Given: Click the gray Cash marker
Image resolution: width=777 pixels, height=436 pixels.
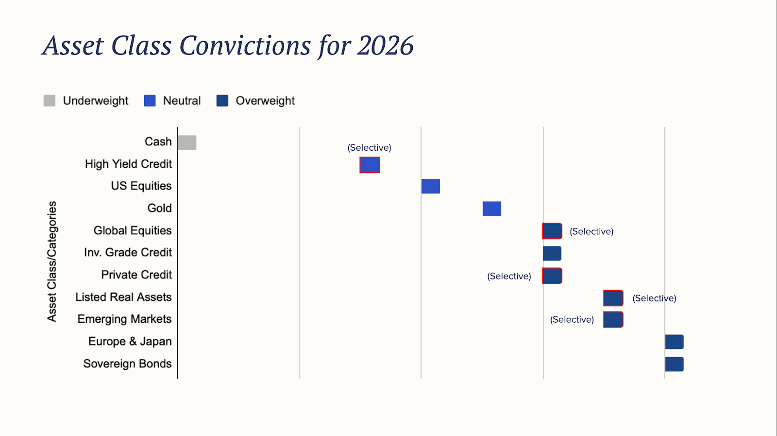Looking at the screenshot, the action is pyautogui.click(x=187, y=143).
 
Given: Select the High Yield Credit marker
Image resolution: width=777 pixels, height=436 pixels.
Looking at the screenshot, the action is pyautogui.click(x=370, y=165).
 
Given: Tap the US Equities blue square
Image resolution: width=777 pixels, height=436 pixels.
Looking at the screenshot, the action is pyautogui.click(x=430, y=187).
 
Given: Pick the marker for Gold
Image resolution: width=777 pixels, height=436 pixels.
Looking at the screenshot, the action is pyautogui.click(x=492, y=209).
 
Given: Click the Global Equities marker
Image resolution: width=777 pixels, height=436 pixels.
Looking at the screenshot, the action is pyautogui.click(x=552, y=231).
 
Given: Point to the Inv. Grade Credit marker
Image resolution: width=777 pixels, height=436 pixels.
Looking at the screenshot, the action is pyautogui.click(x=552, y=253).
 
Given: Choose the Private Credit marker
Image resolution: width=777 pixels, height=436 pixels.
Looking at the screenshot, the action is pyautogui.click(x=552, y=276).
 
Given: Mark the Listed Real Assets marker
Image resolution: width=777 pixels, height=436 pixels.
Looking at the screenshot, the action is pyautogui.click(x=613, y=298).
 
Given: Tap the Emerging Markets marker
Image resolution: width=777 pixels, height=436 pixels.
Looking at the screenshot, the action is pyautogui.click(x=613, y=320).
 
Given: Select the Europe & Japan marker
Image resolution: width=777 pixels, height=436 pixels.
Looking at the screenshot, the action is pyautogui.click(x=675, y=342).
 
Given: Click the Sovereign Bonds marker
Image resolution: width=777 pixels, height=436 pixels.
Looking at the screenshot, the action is pyautogui.click(x=675, y=364).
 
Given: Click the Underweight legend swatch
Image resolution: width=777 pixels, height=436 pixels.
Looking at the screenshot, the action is pyautogui.click(x=50, y=101).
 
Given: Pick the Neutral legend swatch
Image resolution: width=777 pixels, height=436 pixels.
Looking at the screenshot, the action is pyautogui.click(x=150, y=101).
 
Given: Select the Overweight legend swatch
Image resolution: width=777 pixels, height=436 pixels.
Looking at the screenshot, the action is pyautogui.click(x=222, y=101).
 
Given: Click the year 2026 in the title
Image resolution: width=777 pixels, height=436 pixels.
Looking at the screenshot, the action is pyautogui.click(x=386, y=46).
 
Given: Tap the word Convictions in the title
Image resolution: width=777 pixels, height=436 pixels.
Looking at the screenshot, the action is pyautogui.click(x=245, y=46).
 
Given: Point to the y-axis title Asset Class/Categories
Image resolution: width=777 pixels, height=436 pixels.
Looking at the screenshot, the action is pyautogui.click(x=51, y=262).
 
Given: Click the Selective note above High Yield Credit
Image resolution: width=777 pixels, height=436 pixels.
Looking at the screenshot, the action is pyautogui.click(x=370, y=148).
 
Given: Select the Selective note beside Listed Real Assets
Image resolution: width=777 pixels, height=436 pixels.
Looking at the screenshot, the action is pyautogui.click(x=655, y=298).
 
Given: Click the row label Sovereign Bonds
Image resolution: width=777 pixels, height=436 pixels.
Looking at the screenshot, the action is pyautogui.click(x=127, y=364).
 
